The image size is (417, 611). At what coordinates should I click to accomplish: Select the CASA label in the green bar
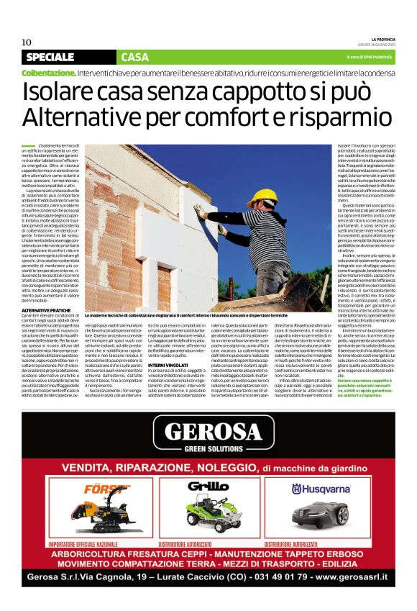point(135,57)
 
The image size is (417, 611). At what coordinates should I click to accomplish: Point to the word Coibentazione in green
point(48,73)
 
